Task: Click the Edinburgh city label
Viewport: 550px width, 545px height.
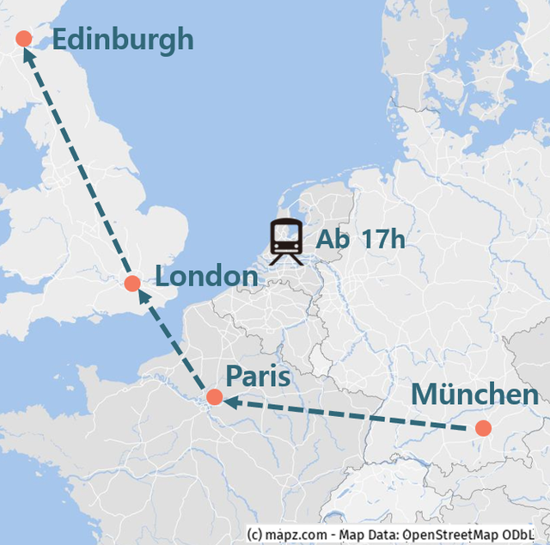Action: pyautogui.click(x=123, y=40)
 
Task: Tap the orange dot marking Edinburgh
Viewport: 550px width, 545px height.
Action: pyautogui.click(x=23, y=39)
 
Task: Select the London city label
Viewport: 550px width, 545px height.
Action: pyautogui.click(x=206, y=277)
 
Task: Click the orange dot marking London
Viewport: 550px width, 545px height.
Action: pyautogui.click(x=132, y=284)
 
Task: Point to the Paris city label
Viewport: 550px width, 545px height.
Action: pyautogui.click(x=258, y=377)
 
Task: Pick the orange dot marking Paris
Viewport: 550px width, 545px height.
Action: pyautogui.click(x=214, y=397)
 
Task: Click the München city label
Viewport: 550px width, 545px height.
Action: pyautogui.click(x=474, y=395)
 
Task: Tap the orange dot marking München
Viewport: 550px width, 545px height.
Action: pyautogui.click(x=484, y=428)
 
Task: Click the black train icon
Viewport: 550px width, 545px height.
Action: pyautogui.click(x=286, y=242)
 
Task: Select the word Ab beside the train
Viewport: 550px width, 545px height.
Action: pyautogui.click(x=333, y=241)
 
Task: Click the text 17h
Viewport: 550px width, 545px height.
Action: pyautogui.click(x=382, y=241)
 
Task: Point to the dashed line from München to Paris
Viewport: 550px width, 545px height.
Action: pyautogui.click(x=352, y=413)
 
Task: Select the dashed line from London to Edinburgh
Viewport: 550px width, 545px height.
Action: pyautogui.click(x=77, y=163)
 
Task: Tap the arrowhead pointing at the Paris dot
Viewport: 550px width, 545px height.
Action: pyautogui.click(x=230, y=400)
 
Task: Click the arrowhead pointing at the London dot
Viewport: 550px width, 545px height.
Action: pyautogui.click(x=142, y=297)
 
